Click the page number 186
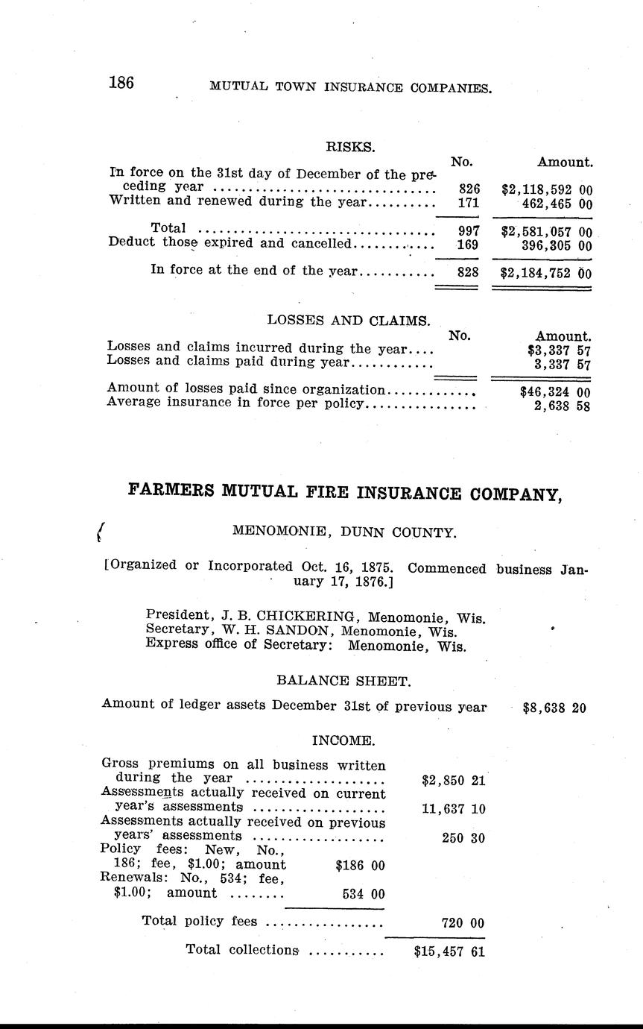pos(121,83)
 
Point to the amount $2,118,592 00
pos(547,190)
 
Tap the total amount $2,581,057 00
pos(547,232)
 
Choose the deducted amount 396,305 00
pos(556,245)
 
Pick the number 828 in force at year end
pos(468,273)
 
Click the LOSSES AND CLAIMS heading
pos(349,321)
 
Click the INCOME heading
pos(343,740)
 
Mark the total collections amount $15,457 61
pos(449,951)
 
